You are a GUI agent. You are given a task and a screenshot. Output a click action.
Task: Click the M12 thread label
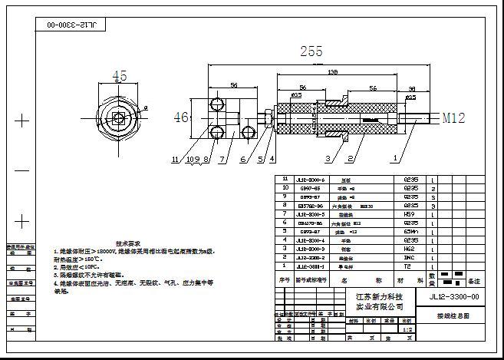click(x=453, y=118)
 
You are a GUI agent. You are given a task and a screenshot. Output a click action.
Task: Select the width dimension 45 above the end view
click(x=120, y=76)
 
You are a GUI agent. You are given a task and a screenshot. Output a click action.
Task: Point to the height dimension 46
click(x=180, y=117)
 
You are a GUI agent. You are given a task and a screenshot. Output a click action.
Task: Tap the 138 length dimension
click(x=333, y=71)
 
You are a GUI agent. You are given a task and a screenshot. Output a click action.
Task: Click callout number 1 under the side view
click(x=395, y=159)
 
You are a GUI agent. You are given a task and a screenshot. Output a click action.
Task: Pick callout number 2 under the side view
click(x=350, y=159)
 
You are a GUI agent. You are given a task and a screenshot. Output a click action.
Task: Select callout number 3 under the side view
click(x=328, y=159)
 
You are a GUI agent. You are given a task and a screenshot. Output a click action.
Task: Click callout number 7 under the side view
click(x=221, y=160)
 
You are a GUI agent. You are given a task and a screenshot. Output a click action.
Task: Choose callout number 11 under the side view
click(x=176, y=160)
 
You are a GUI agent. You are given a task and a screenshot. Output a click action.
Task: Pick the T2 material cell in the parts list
click(x=409, y=266)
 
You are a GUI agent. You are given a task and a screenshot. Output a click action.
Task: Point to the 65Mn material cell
click(x=409, y=231)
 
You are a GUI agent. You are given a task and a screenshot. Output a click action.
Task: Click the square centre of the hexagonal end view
click(x=118, y=119)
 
